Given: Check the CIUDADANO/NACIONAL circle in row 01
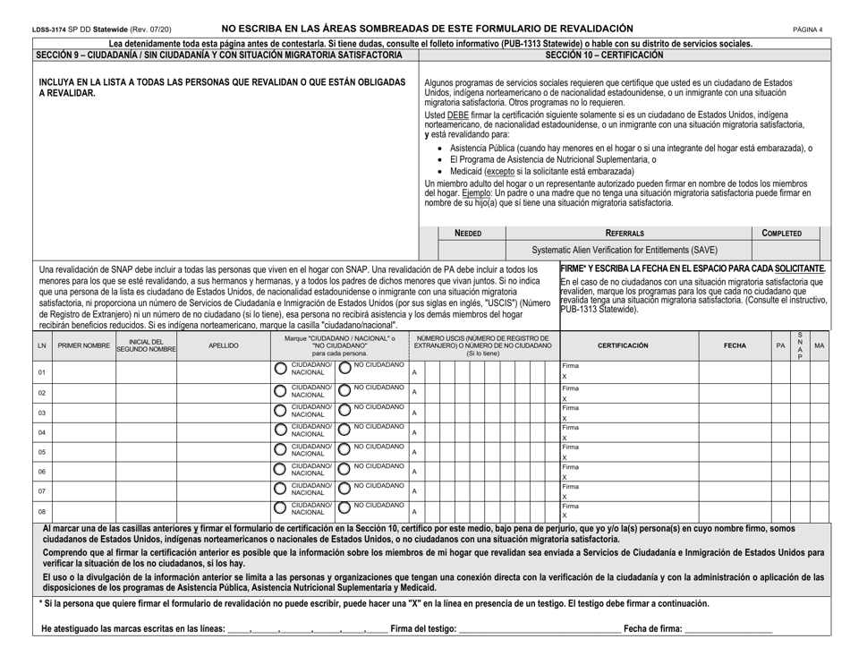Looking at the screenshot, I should point(280,371).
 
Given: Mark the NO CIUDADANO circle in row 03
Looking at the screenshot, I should point(344,411).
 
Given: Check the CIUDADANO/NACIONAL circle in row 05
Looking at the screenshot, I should point(280,450).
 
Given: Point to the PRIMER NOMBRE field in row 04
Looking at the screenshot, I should point(84,431).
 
